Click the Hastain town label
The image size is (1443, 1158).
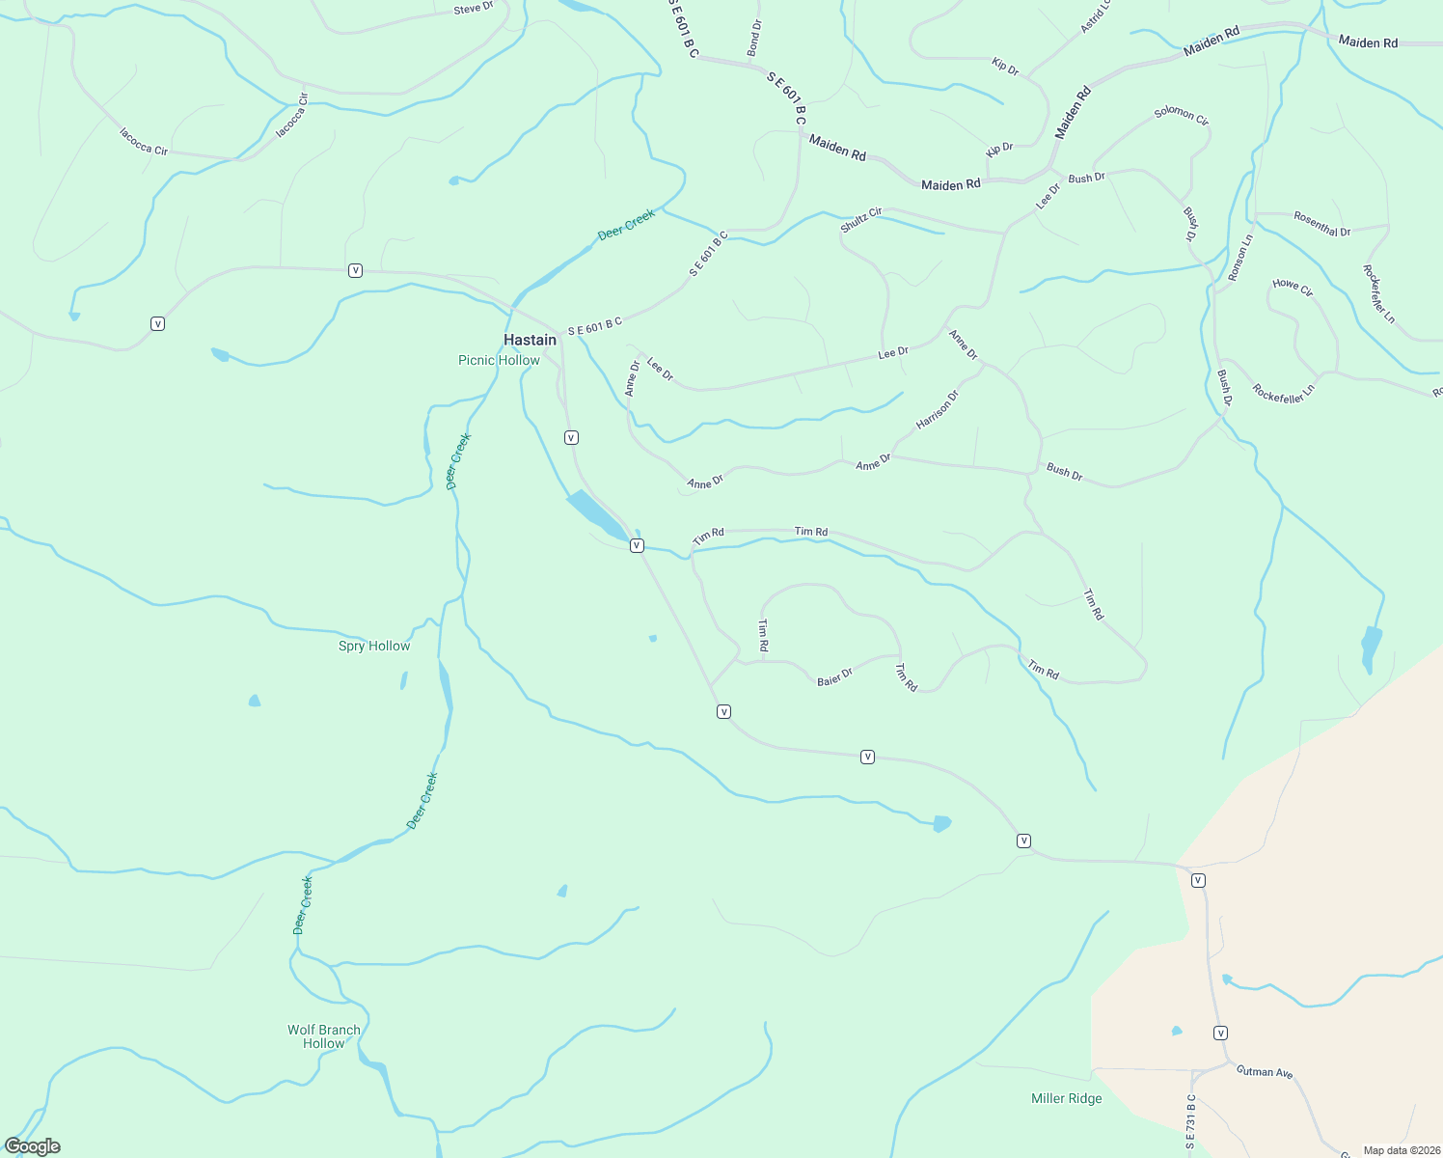pos(530,340)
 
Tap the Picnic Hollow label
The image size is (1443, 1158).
pos(499,360)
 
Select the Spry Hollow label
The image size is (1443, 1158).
pos(374,646)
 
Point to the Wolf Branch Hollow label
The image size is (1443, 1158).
pos(324,1036)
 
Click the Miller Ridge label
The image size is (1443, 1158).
pos(1066,1098)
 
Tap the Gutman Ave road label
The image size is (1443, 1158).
pos(1264,1071)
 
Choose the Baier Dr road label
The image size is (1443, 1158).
pos(835,677)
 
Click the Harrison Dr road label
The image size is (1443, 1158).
pos(938,409)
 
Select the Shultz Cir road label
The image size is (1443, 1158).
pos(861,219)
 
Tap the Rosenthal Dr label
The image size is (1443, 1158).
pos(1321,224)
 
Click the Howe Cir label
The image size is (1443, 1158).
pos(1293,287)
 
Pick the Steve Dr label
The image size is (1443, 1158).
pos(473,8)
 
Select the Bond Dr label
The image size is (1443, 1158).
pos(754,38)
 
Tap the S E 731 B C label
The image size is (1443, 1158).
pos(1191,1122)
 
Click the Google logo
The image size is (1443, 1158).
pos(32,1146)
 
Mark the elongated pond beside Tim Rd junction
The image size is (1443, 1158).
pos(596,514)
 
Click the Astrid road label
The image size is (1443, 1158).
pos(1096,16)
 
